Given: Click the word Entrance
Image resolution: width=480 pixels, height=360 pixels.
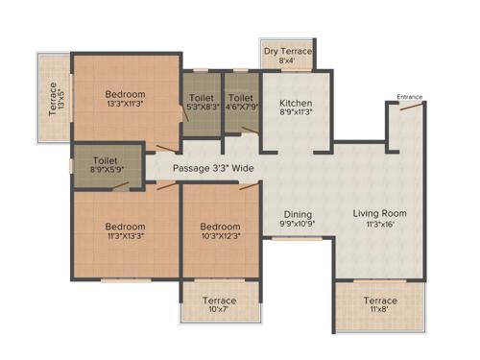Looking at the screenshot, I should coord(409,96).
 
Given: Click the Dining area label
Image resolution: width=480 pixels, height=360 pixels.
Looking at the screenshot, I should coord(297,214).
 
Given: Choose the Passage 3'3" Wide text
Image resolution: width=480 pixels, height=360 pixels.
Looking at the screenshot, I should coord(213,168).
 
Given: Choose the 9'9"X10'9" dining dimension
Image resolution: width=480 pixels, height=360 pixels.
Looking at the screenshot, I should coord(297,226).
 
